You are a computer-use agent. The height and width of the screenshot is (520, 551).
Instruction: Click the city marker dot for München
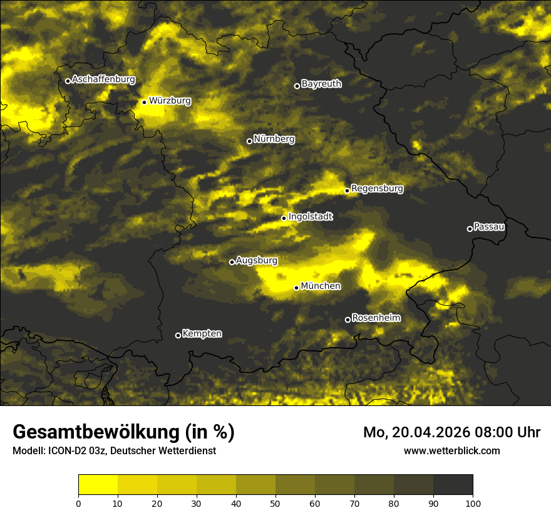point(297,288)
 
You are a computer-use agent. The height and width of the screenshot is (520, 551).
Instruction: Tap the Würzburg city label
point(170,100)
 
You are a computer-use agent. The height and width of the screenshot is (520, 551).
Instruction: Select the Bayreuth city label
point(321,83)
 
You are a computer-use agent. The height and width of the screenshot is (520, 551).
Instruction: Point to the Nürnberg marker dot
point(249,141)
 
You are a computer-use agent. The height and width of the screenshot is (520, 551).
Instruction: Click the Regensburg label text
point(377,188)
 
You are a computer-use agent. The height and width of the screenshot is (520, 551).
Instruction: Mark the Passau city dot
point(470,229)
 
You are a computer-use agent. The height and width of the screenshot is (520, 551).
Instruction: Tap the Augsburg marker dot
point(232,262)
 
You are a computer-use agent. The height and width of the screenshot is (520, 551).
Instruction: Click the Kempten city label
point(202,333)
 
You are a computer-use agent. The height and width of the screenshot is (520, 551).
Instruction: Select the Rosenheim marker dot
point(348,320)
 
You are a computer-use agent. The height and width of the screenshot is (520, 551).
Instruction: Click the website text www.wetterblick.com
point(451,450)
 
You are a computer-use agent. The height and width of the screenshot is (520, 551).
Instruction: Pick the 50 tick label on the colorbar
point(275,502)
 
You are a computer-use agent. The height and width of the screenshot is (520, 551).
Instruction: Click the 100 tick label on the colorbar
point(473,502)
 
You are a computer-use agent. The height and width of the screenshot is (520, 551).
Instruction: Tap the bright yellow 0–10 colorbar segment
point(98,485)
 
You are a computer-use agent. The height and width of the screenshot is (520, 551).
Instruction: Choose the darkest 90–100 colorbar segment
point(453,485)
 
